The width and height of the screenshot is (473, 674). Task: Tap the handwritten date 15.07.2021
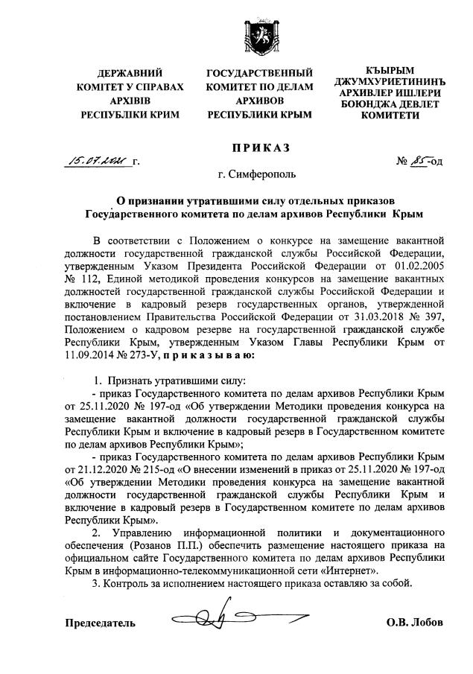[97, 159]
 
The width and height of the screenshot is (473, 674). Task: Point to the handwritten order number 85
[419, 159]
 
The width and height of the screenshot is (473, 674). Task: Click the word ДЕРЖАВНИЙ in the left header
[130, 74]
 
